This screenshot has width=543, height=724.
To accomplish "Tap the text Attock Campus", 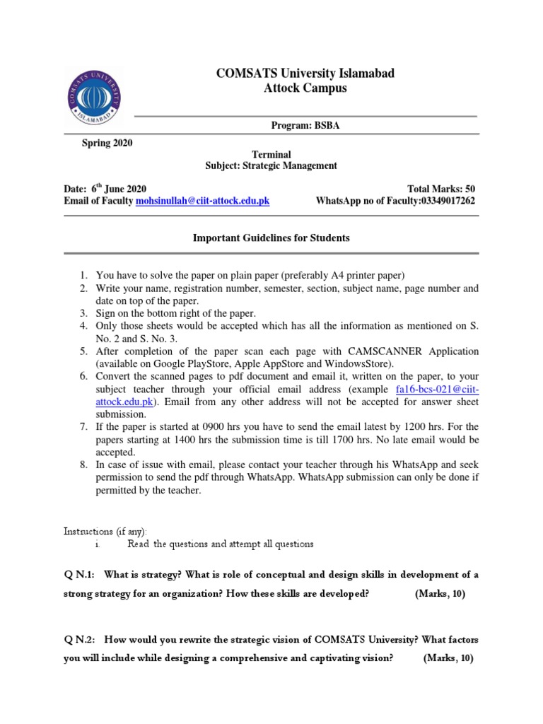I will [296, 88].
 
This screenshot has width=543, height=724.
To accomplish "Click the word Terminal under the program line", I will [271, 154].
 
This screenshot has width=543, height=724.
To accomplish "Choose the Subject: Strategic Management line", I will [271, 166].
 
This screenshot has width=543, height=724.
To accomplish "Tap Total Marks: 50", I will [441, 189].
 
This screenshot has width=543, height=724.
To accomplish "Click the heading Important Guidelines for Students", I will [271, 238].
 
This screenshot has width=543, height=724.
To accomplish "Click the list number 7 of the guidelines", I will [83, 427].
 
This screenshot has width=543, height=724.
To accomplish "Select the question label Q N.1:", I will [79, 575].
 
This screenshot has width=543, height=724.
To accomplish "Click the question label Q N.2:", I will [79, 640].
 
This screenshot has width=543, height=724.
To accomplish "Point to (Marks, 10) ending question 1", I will [440, 594].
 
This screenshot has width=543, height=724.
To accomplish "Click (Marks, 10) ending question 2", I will [448, 658].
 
